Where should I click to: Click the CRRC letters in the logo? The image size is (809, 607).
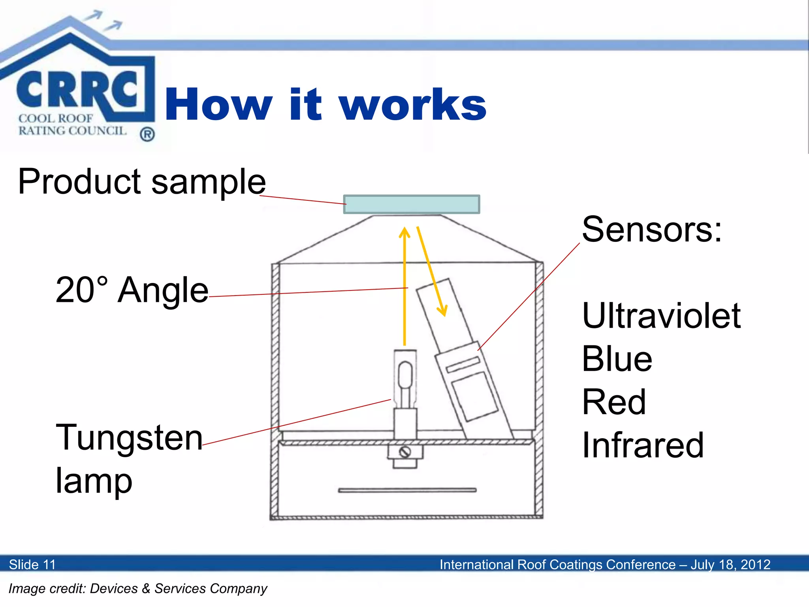tap(77, 90)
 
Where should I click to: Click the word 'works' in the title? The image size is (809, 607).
tap(413, 105)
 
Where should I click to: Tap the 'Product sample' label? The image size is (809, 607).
tap(142, 182)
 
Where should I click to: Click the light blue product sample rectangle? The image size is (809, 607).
tap(412, 204)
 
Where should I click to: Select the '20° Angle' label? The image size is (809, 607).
tap(132, 290)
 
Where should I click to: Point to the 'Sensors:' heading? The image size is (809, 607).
tap(652, 230)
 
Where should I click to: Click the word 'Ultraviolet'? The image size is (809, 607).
tap(661, 316)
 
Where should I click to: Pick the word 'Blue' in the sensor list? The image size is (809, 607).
tap(617, 359)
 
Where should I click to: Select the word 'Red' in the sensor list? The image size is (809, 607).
tap(614, 402)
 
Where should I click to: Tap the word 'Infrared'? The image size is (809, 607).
tap(643, 445)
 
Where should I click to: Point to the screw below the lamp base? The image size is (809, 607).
tap(405, 452)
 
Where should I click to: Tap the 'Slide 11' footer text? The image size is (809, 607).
tap(32, 564)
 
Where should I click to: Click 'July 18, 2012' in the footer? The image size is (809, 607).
tap(730, 564)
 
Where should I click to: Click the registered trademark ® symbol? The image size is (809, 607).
tap(147, 135)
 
